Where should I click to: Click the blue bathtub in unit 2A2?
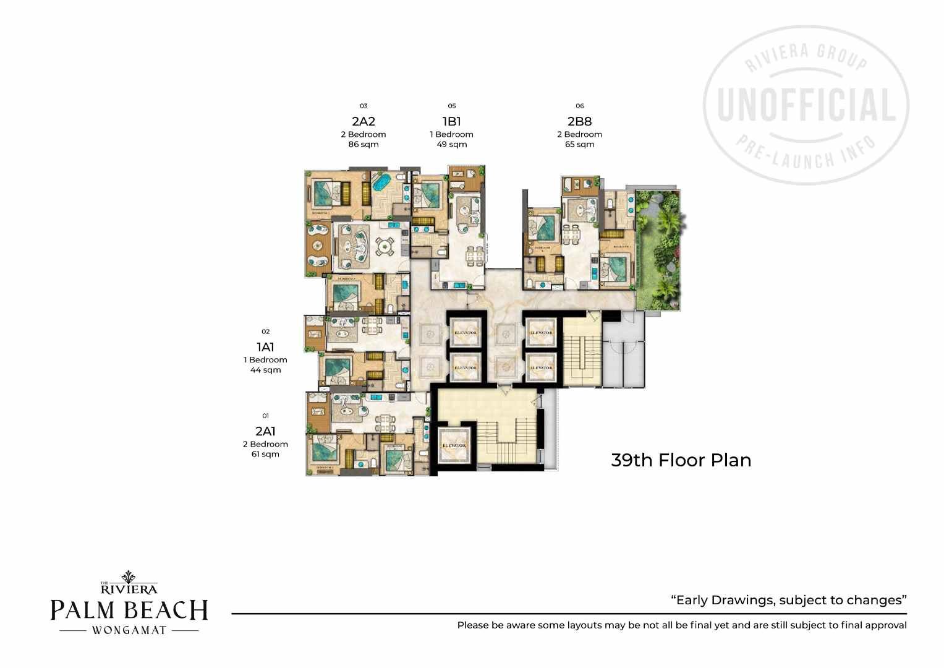[379, 184]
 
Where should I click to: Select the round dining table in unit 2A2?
[386, 246]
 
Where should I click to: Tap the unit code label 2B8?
[579, 121]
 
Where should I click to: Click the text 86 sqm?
[363, 144]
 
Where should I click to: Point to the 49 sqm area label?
[451, 144]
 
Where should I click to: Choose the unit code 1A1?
[265, 347]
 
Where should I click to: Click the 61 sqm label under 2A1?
[265, 454]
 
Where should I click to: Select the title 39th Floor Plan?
[681, 460]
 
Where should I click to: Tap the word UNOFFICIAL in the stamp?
[806, 105]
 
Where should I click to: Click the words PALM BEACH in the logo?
[129, 610]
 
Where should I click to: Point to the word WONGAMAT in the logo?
[129, 630]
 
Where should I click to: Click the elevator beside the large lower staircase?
[454, 445]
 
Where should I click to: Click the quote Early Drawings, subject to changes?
[788, 600]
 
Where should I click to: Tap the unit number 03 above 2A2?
[363, 106]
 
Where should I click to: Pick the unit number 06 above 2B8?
[579, 106]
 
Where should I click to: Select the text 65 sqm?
[579, 144]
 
